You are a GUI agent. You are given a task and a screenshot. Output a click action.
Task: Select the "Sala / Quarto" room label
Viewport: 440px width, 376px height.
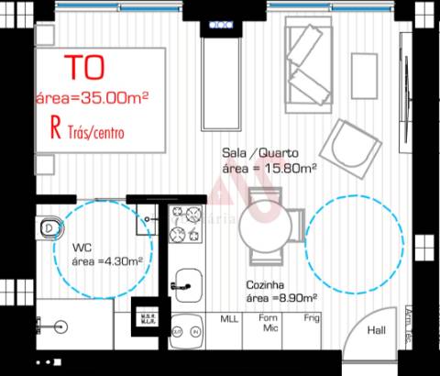point(258,153)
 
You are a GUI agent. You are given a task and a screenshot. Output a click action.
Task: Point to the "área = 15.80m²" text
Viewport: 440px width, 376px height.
point(269,168)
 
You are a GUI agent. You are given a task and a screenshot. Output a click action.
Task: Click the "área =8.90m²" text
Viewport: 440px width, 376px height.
point(281,299)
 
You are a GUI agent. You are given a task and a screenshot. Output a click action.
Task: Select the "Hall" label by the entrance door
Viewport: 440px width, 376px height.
point(376,331)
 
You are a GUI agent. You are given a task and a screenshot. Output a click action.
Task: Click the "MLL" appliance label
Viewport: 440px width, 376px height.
point(228,319)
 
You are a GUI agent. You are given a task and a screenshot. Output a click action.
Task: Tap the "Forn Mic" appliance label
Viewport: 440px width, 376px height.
point(270,324)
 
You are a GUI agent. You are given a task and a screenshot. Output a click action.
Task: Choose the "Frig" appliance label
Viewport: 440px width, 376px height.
point(313,319)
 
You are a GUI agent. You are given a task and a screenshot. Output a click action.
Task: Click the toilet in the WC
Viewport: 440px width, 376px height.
point(49,227)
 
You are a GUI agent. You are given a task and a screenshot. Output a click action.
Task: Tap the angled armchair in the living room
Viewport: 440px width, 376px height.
point(353,146)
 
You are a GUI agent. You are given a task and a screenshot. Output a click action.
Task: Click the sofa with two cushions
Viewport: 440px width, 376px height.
point(312,64)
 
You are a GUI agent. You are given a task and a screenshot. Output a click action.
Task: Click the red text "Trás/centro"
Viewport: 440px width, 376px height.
point(94,133)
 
